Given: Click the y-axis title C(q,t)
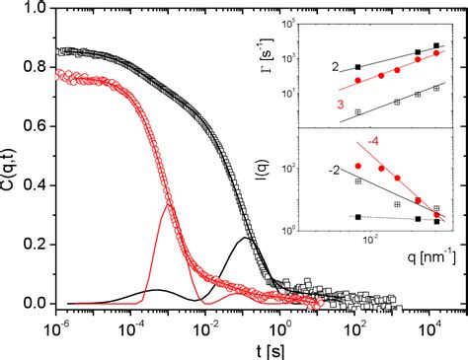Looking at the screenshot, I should pyautogui.click(x=12, y=154).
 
